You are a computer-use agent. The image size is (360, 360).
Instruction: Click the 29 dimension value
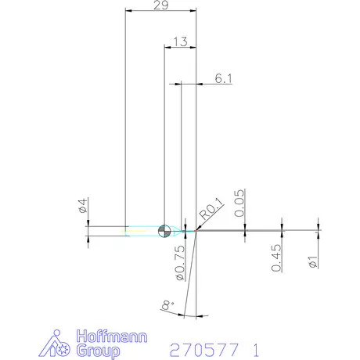pyautogui.click(x=161, y=5)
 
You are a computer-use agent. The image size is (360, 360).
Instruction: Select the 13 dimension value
pyautogui.click(x=180, y=41)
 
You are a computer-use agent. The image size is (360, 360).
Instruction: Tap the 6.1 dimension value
pyautogui.click(x=223, y=78)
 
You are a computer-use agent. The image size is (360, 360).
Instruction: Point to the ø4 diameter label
pyautogui.click(x=83, y=205)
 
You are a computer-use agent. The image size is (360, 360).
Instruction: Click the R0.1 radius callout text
pyautogui.click(x=211, y=208)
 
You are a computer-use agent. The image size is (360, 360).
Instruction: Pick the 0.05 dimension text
pyautogui.click(x=239, y=203)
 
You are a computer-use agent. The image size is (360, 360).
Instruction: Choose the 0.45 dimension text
pyautogui.click(x=276, y=257)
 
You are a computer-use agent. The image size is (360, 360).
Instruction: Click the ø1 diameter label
pyautogui.click(x=313, y=261)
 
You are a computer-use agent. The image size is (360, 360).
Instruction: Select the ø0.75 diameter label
pyautogui.click(x=180, y=263)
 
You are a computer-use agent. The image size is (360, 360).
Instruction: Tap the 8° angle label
pyautogui.click(x=167, y=305)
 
